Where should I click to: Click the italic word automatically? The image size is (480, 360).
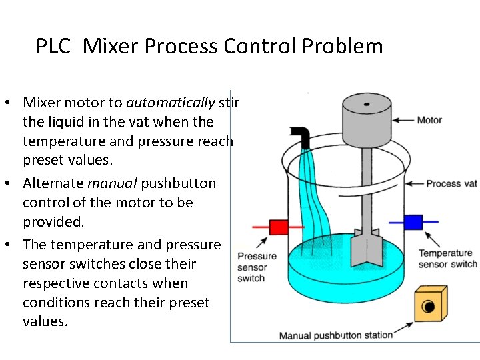tap(170, 103)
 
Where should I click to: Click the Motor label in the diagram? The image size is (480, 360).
tap(429, 121)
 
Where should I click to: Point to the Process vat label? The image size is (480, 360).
tap(452, 183)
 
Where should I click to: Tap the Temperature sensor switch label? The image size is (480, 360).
tap(447, 259)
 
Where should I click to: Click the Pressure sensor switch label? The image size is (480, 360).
tap(256, 267)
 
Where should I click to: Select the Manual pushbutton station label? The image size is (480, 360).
tap(335, 335)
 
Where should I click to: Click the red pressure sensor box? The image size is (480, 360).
tap(278, 227)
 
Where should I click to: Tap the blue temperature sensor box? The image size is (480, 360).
tap(413, 221)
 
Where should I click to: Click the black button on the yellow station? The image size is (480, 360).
tap(427, 307)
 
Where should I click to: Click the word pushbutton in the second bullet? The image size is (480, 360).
tap(178, 183)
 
